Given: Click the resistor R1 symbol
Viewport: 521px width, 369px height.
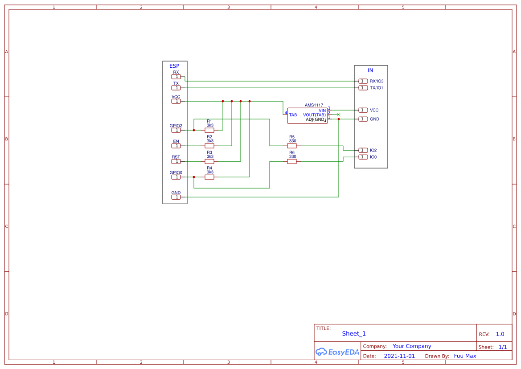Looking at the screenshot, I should [x=209, y=130].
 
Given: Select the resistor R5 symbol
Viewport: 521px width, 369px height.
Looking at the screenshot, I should [x=292, y=146].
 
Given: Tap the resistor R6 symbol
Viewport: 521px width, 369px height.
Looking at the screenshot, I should [x=292, y=161].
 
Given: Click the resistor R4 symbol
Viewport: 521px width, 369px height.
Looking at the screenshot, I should [x=209, y=177].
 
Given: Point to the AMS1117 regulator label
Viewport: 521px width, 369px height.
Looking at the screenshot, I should [x=314, y=105].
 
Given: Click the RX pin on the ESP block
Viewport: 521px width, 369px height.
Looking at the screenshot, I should [x=176, y=77].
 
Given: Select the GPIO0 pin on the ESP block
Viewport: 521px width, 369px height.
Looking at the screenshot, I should [x=176, y=177].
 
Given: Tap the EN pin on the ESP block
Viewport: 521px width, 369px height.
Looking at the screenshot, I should [x=176, y=146].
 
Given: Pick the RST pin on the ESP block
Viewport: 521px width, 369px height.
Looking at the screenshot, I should [x=176, y=161].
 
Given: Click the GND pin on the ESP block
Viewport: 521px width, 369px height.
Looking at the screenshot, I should [x=176, y=197].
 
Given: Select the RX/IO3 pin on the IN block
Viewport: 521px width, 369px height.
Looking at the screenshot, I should [x=363, y=81].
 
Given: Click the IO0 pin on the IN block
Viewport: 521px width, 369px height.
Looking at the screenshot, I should [x=363, y=157].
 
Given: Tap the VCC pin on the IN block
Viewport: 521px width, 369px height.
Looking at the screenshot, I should [x=363, y=110].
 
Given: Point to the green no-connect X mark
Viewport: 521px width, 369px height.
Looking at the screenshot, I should [x=339, y=115].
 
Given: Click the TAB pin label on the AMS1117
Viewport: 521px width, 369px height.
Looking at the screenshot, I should [x=293, y=115].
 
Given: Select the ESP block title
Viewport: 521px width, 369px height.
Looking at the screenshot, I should [x=174, y=66].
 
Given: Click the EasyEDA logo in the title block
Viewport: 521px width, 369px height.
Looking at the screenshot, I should [x=337, y=352].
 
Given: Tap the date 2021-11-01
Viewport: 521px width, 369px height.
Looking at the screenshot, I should [x=399, y=356].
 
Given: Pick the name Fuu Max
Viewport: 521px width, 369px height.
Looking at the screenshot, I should [x=465, y=356].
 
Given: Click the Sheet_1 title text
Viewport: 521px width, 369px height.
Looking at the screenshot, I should [x=354, y=333].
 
